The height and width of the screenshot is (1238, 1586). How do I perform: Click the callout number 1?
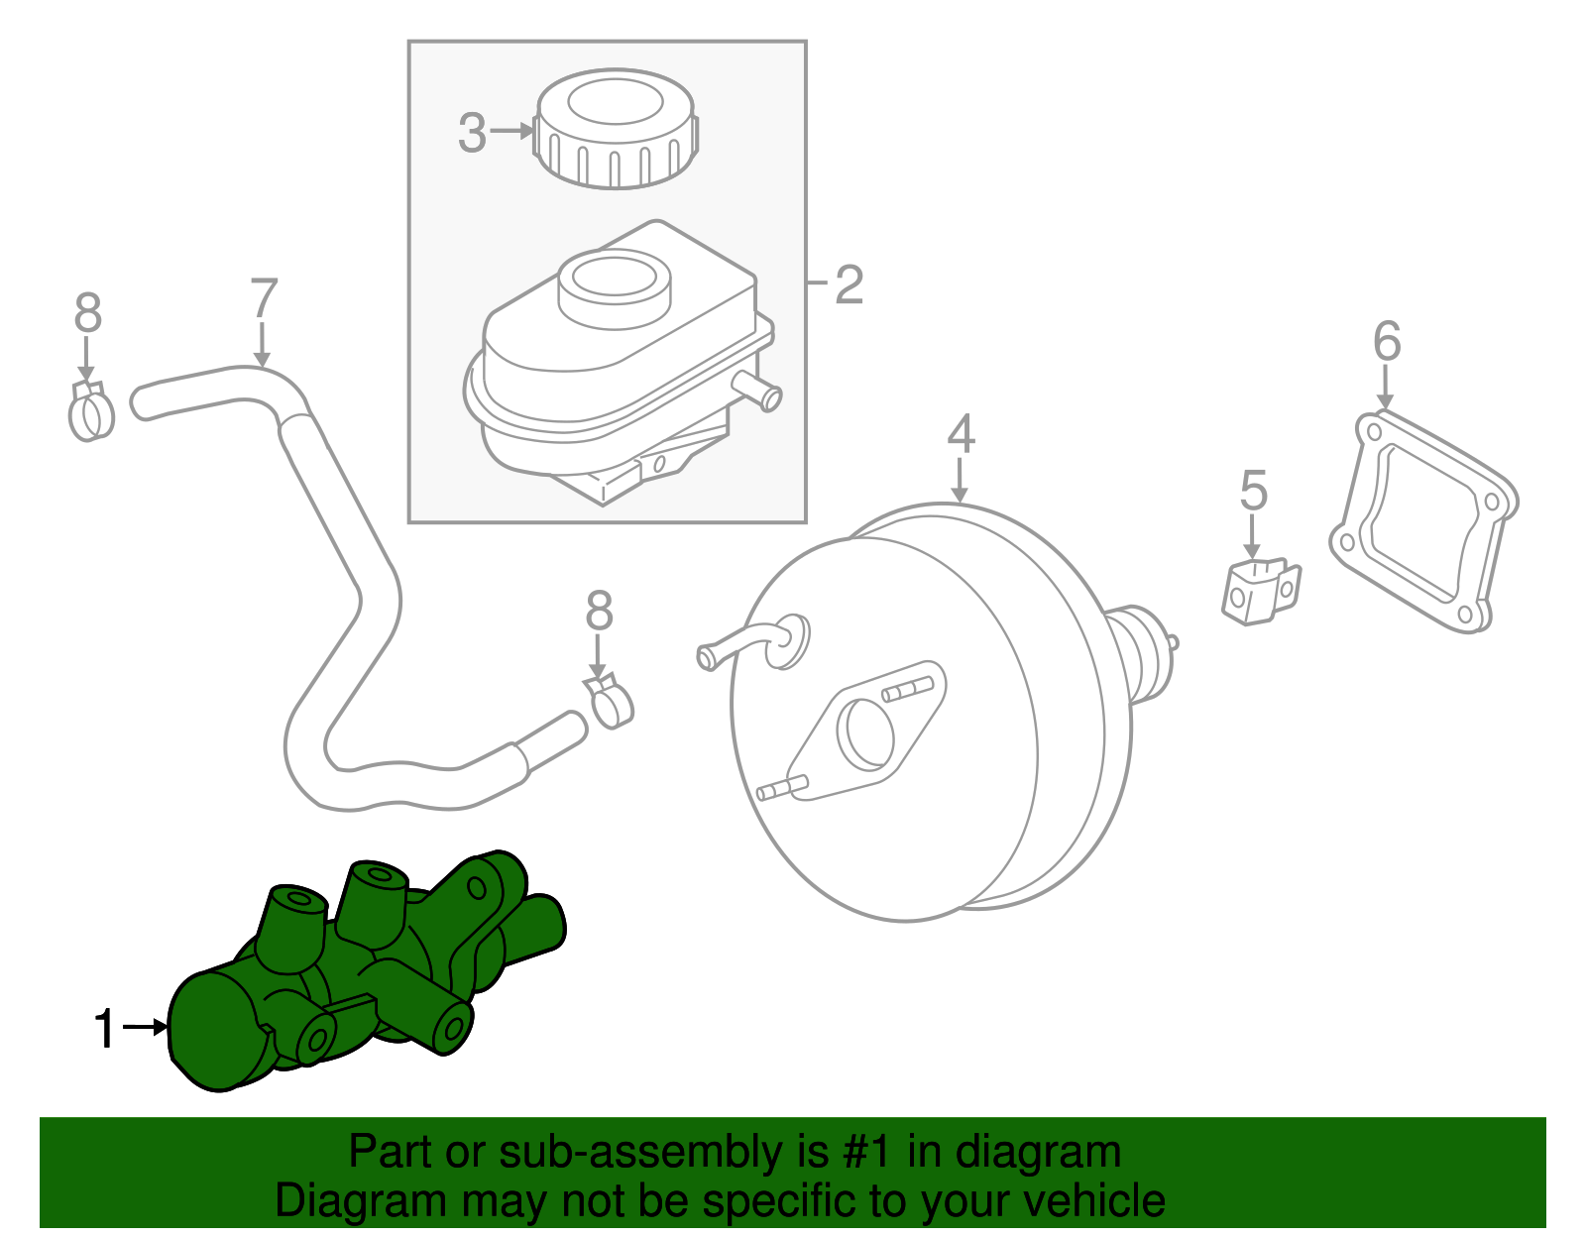pos(105,1029)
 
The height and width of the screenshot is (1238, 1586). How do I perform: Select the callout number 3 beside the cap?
pos(473,132)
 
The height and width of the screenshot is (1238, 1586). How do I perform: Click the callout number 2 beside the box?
pos(849,284)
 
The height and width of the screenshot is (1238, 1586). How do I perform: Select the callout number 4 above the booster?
pos(961,434)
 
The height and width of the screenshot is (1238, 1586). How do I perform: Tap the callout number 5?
pos(1253,491)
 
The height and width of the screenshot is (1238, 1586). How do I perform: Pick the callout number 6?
pos(1387,341)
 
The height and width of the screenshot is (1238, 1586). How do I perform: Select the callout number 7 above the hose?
pos(264,298)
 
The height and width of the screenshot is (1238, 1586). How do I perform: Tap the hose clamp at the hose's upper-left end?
pos(91,411)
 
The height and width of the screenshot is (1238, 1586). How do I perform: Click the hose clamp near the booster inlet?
pos(611,700)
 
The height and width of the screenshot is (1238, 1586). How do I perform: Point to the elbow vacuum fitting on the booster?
pos(753,643)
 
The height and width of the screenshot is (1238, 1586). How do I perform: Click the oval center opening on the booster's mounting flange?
pos(866,732)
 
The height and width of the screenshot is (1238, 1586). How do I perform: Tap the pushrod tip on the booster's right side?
pos(1174,643)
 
